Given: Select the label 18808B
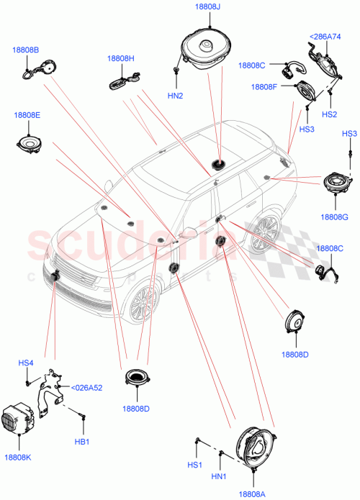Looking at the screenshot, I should pos(25,50).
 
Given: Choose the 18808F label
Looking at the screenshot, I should pos(264,87).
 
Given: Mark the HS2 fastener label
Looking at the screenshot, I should pos(329,114).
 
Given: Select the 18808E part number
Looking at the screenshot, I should pos(26,114).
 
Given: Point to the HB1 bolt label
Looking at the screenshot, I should pos(81,442).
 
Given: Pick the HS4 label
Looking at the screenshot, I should pos(26,363).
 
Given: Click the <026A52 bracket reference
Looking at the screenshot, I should pos(86,388).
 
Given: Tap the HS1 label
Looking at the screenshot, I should pos(194,465).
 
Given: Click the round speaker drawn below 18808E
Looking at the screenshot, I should pos(30,145).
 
